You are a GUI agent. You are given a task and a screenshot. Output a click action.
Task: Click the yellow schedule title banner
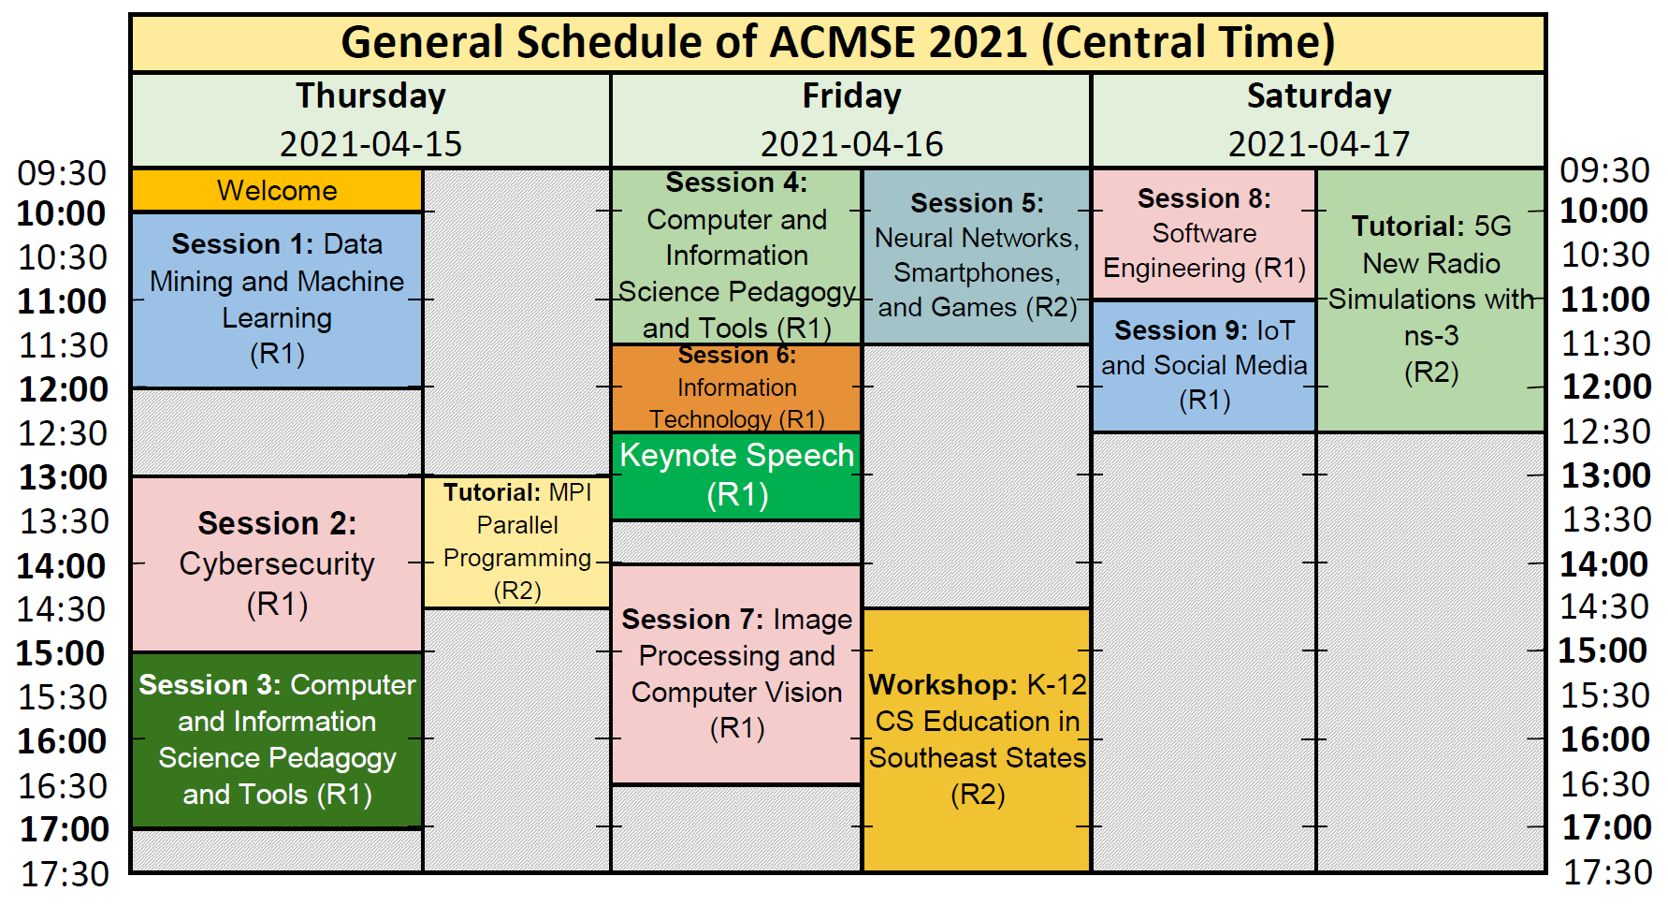tap(837, 43)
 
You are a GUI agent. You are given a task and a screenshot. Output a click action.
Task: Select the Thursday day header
tap(370, 96)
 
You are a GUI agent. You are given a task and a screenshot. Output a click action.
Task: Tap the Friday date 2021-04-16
tap(851, 144)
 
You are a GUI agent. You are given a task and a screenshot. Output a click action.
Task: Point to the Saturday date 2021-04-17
tap(1318, 144)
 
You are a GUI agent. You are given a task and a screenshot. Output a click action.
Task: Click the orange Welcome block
tap(277, 190)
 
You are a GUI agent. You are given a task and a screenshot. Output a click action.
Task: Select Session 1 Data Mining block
tap(277, 300)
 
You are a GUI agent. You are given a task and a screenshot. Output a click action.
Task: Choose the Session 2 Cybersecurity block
tap(277, 563)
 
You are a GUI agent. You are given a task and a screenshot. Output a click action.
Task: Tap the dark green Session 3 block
tap(277, 739)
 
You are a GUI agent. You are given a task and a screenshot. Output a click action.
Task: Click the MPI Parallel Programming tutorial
tap(517, 542)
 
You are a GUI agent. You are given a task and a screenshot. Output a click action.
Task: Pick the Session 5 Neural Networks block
tap(977, 256)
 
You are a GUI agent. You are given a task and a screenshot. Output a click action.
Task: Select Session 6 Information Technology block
tap(736, 387)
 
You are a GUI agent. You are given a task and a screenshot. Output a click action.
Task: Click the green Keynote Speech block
tap(736, 475)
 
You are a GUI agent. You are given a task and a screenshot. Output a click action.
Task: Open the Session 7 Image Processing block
tap(736, 674)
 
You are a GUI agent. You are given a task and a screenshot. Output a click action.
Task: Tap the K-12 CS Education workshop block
tap(977, 739)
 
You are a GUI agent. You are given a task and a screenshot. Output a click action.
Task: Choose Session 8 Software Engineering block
tap(1204, 234)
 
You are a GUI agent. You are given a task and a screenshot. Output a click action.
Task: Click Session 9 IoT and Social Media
tap(1204, 366)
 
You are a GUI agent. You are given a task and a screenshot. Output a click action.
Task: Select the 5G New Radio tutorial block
tap(1430, 300)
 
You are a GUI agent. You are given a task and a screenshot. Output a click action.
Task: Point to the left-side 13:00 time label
tap(64, 477)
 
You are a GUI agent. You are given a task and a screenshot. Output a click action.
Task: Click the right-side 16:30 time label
tap(1606, 784)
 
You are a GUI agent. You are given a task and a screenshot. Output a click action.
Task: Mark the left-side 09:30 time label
tap(63, 173)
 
